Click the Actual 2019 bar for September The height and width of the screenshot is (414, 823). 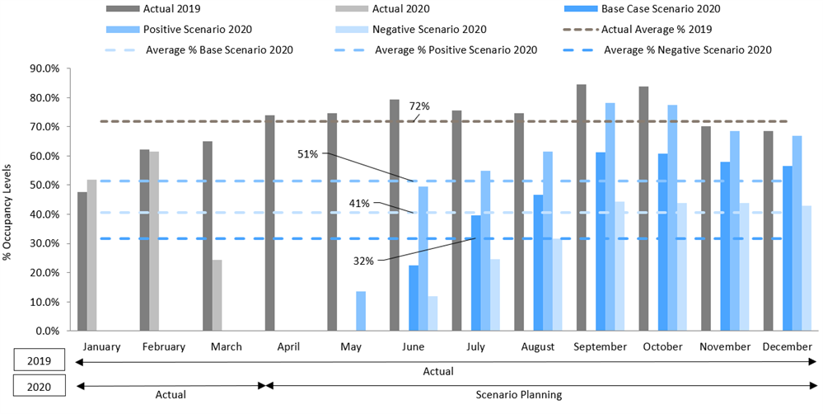pyautogui.click(x=582, y=207)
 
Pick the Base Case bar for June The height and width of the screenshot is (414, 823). pyautogui.click(x=414, y=298)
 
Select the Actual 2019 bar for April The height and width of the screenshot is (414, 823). pyautogui.click(x=269, y=223)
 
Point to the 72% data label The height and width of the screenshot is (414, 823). pyautogui.click(x=419, y=106)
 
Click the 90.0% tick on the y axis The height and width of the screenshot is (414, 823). pyautogui.click(x=46, y=68)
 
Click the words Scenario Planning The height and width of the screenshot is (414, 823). pyautogui.click(x=518, y=395)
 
